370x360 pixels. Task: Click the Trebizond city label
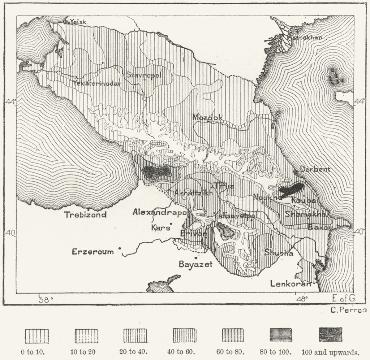pyautogui.click(x=85, y=214)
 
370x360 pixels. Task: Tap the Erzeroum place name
pyautogui.click(x=92, y=252)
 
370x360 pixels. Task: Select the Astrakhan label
pyautogui.click(x=305, y=37)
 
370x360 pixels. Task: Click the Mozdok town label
pyautogui.click(x=207, y=117)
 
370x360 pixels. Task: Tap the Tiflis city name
pyautogui.click(x=224, y=186)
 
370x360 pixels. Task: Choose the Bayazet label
pyautogui.click(x=195, y=264)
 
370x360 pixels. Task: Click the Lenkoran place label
pyautogui.click(x=290, y=284)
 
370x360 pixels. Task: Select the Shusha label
pyautogui.click(x=278, y=252)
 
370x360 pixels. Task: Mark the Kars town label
pyautogui.click(x=159, y=228)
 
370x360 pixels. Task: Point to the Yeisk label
pyautogui.click(x=78, y=22)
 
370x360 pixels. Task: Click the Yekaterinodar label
pyautogui.click(x=96, y=83)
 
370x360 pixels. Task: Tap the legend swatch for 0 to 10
pyautogui.click(x=37, y=335)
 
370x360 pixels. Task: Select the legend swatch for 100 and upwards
pyautogui.click(x=330, y=335)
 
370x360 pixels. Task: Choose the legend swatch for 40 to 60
pyautogui.click(x=184, y=335)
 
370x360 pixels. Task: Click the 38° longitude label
pyautogui.click(x=46, y=299)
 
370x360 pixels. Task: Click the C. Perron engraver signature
pyautogui.click(x=348, y=310)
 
